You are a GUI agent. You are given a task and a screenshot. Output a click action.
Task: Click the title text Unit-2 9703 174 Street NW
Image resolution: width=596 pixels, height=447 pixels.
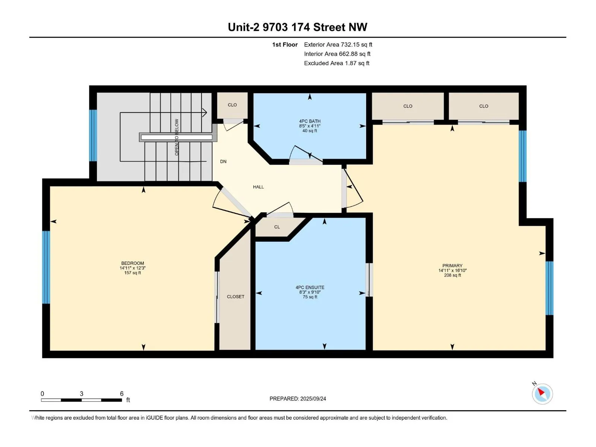pos(297,27)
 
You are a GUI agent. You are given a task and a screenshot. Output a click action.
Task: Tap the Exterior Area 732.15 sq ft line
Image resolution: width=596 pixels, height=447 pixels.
pos(338,44)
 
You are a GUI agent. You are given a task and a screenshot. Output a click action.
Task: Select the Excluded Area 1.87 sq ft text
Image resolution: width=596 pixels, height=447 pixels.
pos(337,63)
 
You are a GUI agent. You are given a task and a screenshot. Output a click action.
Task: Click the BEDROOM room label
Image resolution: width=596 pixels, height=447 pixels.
pos(133,263)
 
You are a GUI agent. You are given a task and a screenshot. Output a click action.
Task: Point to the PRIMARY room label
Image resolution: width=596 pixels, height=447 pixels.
pos(452,266)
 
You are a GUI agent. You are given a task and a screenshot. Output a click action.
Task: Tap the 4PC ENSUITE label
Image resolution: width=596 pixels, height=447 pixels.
pos(310,287)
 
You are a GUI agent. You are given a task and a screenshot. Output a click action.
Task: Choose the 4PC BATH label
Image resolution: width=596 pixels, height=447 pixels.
pos(310,121)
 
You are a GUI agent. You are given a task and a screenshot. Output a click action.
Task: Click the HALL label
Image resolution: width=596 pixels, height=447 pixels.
pos(258,187)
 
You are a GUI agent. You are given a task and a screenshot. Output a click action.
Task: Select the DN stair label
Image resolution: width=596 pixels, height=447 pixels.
pos(223,162)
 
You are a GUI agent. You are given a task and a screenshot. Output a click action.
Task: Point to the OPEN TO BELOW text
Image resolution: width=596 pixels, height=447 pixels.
pos(177,137)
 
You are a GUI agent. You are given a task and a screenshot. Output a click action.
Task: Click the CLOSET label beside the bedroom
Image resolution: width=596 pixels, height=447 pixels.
pos(235,297)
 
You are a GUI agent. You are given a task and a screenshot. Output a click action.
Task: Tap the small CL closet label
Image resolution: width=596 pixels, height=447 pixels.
pos(277,227)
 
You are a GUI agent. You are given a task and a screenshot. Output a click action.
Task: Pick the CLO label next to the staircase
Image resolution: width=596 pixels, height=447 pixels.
pos(232,105)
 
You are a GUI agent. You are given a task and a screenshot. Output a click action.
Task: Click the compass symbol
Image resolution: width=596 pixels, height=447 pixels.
pos(542,394)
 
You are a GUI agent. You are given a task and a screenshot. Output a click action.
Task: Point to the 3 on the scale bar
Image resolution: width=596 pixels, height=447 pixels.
pos(82,393)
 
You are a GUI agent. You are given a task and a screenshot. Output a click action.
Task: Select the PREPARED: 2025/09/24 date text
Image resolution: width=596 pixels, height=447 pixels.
pos(298,399)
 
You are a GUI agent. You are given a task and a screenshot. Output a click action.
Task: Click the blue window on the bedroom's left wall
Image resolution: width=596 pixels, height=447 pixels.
pos(46,267)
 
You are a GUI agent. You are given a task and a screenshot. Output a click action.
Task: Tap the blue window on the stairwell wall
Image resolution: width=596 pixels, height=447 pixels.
pos(93,136)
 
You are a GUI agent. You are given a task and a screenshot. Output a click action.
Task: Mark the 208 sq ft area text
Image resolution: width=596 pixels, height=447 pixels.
pos(452,275)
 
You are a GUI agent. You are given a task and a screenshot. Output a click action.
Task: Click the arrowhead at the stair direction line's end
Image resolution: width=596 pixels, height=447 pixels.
pos(205,112)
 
